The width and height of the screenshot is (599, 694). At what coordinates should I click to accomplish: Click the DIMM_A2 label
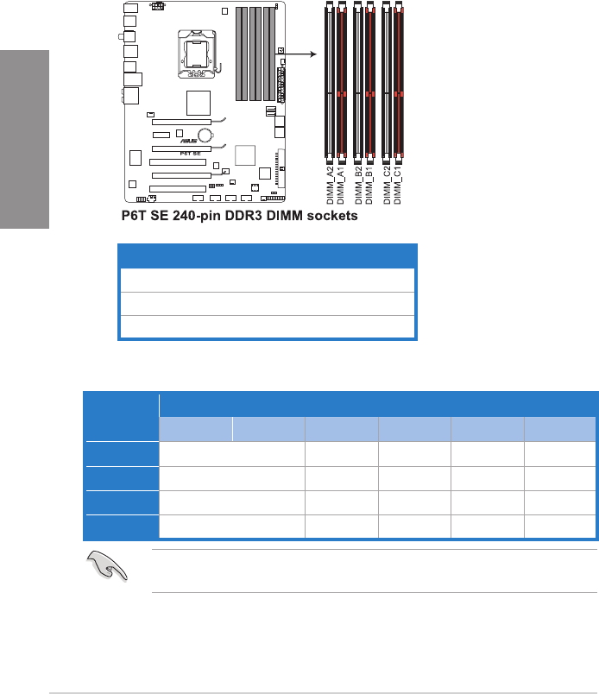[330, 186]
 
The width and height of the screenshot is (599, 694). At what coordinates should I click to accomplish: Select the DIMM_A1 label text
[340, 186]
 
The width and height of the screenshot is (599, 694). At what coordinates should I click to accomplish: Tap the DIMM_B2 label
[358, 186]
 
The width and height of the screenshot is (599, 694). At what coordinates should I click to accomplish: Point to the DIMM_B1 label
[369, 186]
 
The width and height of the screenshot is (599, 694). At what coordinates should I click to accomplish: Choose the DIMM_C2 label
[387, 186]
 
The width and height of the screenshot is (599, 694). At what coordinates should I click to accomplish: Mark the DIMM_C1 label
[398, 186]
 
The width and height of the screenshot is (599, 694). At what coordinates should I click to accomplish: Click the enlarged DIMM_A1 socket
[341, 80]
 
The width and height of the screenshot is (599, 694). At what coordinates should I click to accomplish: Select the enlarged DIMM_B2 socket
[357, 80]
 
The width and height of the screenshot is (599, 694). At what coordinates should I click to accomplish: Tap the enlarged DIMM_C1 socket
[399, 80]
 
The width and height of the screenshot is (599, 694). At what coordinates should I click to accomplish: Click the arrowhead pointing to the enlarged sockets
[313, 54]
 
